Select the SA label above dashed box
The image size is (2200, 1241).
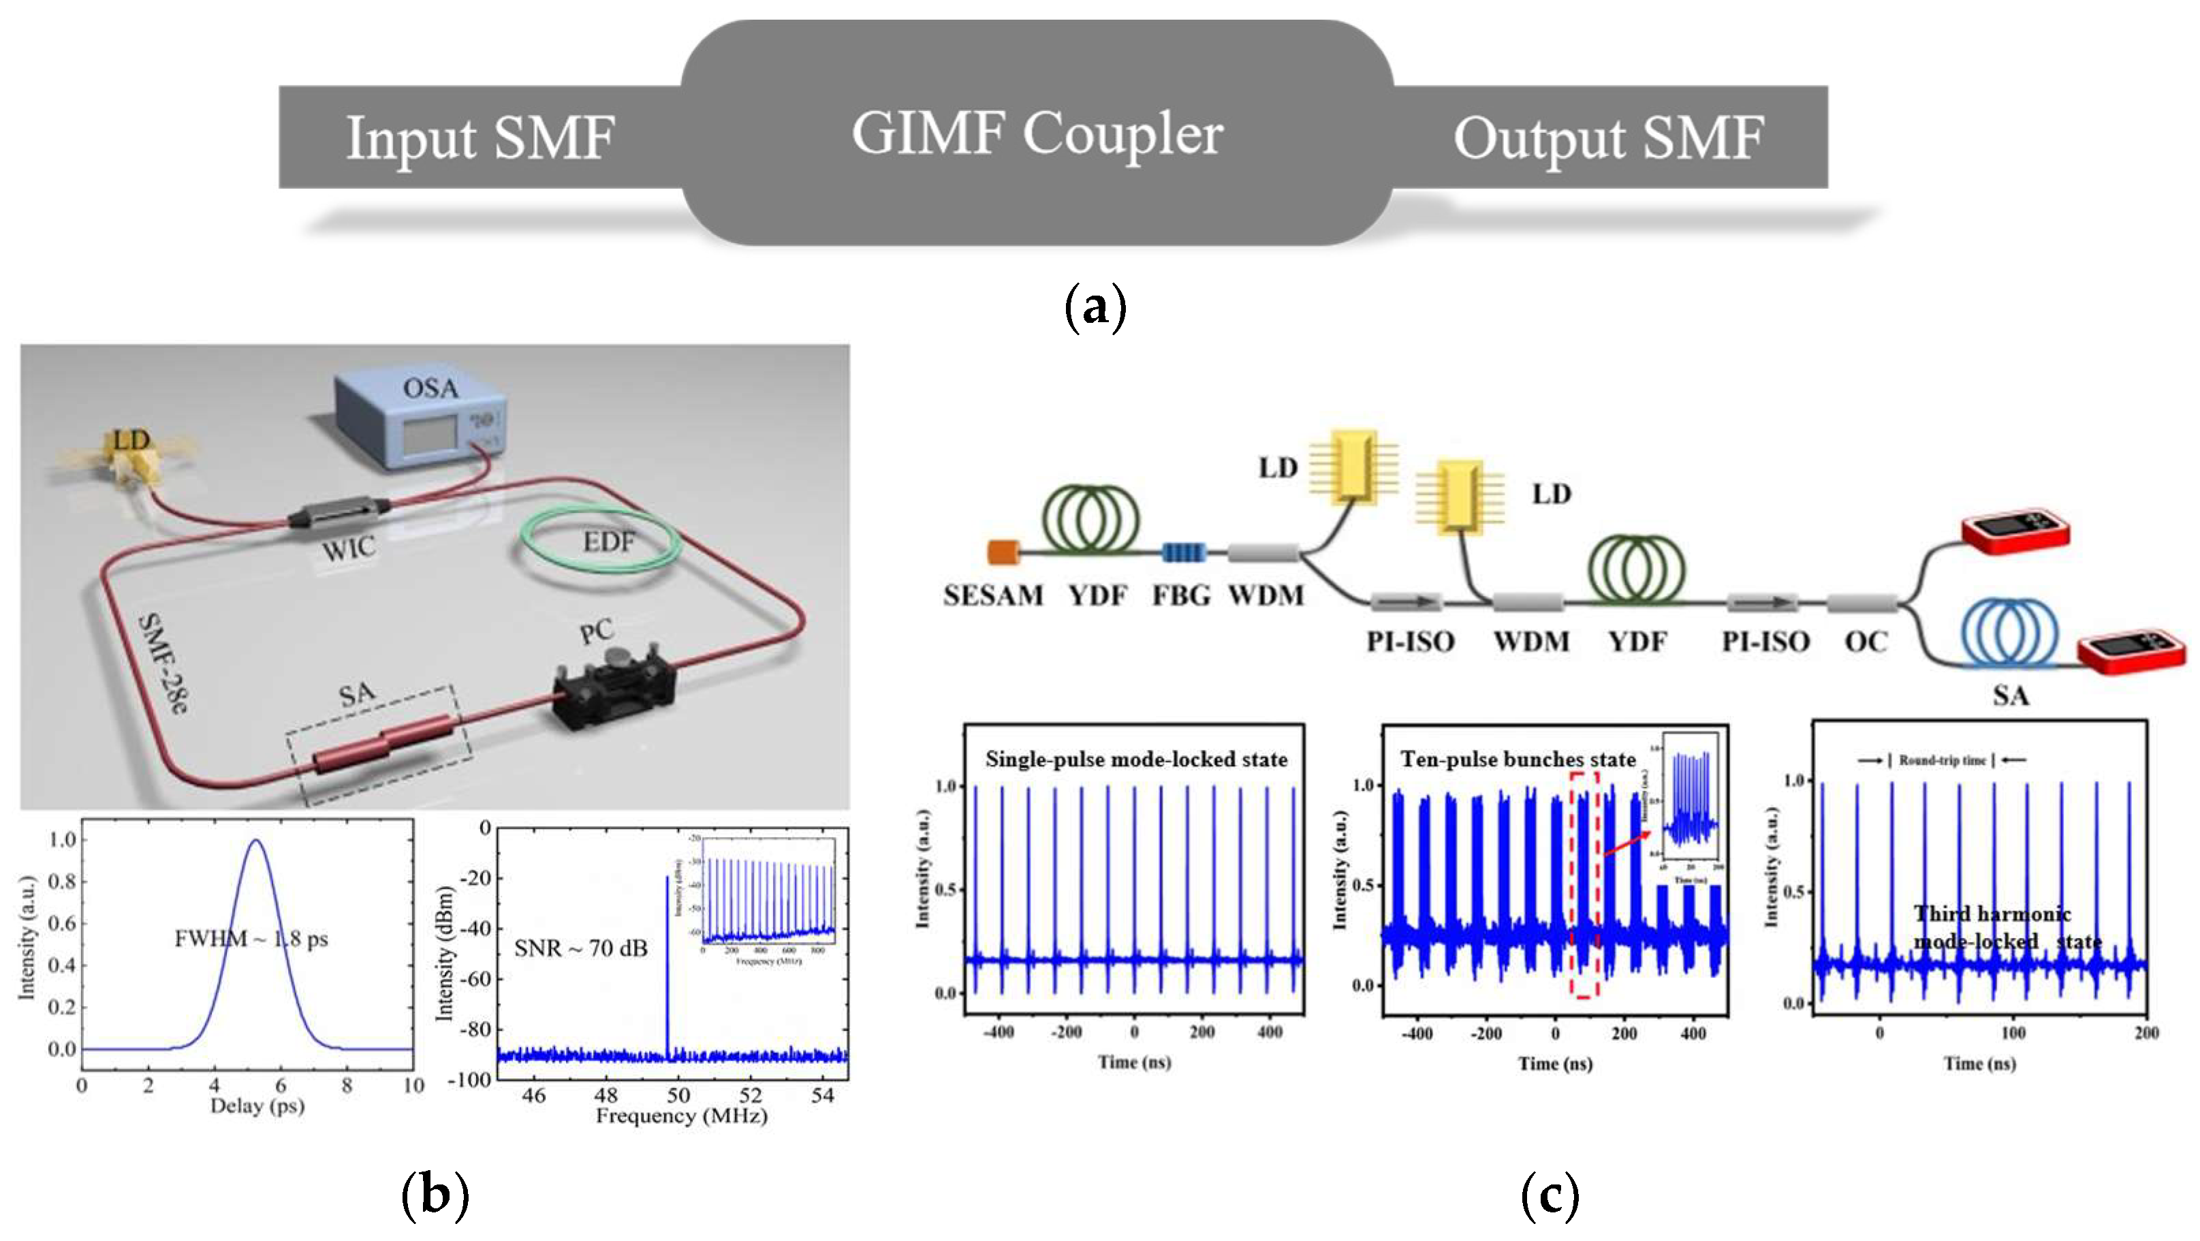[357, 693]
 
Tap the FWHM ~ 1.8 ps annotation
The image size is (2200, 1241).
[251, 939]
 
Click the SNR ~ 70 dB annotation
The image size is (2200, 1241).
[581, 948]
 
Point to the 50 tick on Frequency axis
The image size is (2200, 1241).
[678, 1095]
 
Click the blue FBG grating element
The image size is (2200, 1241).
[1183, 552]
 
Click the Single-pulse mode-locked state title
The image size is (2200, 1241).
[1136, 759]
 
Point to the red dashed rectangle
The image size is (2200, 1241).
[1584, 884]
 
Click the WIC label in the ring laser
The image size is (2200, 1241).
[349, 548]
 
